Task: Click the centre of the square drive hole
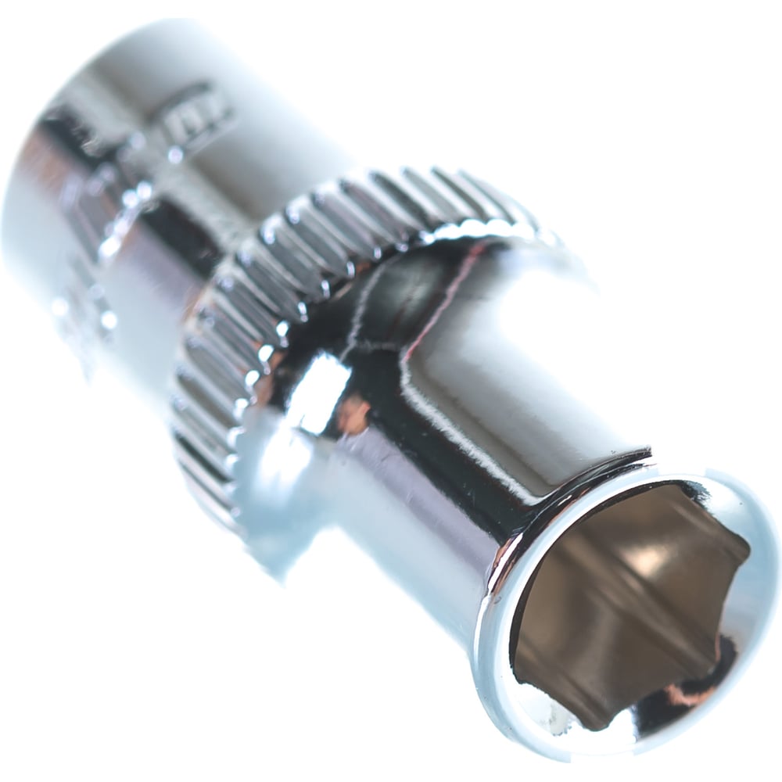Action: pos(626,602)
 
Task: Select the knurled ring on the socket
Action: pos(313,258)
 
